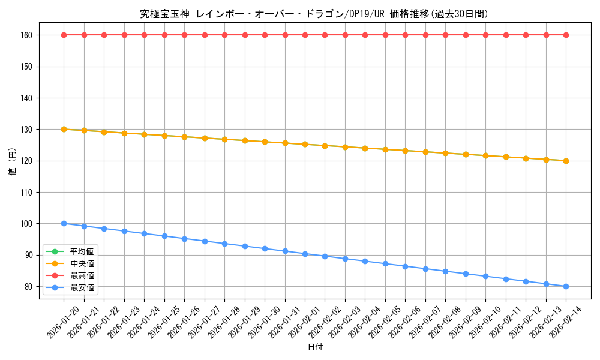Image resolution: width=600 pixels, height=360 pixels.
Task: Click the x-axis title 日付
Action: pos(315,347)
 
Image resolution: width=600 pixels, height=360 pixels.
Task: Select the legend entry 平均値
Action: pos(82,251)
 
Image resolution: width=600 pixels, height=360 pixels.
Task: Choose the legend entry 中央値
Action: pos(82,263)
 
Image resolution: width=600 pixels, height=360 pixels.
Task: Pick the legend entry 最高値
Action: pos(82,275)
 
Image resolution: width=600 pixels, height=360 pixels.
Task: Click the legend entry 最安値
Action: pos(82,287)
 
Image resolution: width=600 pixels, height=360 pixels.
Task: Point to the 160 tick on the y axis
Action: pos(25,35)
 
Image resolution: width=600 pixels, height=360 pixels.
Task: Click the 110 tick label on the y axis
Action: pos(25,193)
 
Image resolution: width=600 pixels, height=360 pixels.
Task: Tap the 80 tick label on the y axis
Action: pos(28,287)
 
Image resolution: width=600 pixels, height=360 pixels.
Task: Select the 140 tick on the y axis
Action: pos(25,98)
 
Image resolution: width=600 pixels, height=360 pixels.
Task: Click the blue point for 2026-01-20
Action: pos(64,223)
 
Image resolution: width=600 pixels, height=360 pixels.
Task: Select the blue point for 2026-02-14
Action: pos(566,286)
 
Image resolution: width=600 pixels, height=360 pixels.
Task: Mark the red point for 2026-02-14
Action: pos(566,35)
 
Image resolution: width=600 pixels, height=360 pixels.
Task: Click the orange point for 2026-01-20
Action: pos(64,129)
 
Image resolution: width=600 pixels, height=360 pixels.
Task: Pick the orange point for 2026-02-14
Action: pos(566,161)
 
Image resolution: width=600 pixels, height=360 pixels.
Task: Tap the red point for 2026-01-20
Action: pos(64,35)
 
